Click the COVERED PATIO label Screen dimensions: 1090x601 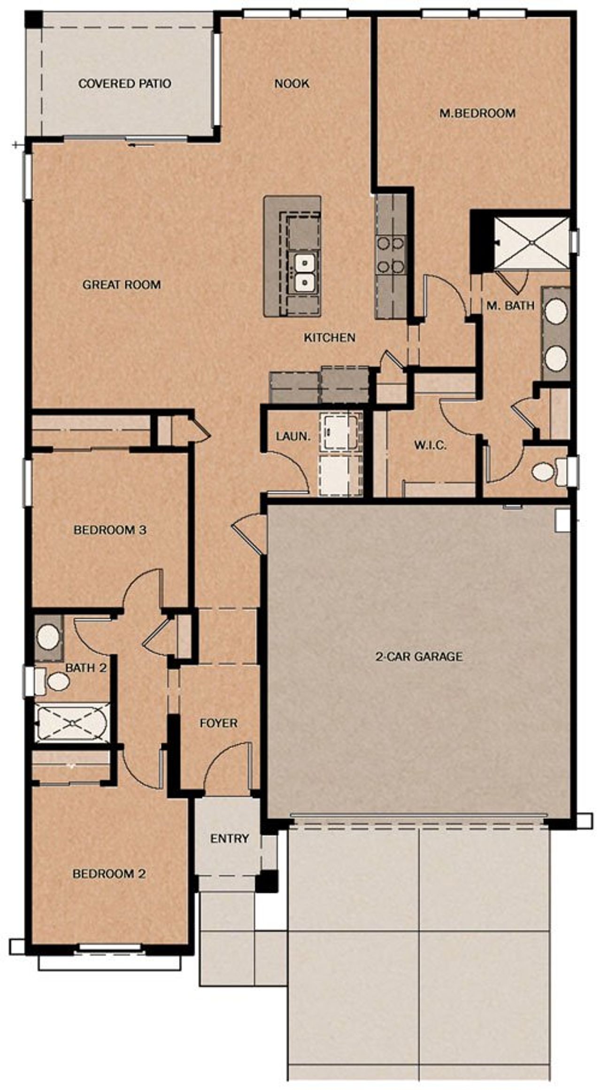[124, 84]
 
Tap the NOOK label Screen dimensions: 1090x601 [292, 84]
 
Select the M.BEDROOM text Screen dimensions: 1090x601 [477, 113]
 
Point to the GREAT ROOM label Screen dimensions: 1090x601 [122, 284]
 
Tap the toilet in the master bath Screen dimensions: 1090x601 [545, 471]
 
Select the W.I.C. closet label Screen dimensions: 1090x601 [430, 445]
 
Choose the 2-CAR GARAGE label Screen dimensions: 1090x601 [419, 656]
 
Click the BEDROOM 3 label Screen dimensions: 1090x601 [110, 530]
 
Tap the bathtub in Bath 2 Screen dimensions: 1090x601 [71, 723]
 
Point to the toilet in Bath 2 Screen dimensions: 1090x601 [57, 682]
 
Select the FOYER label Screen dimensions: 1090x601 [218, 723]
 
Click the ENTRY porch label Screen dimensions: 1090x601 [229, 838]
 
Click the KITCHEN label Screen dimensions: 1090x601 [329, 337]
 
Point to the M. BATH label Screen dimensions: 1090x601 [510, 306]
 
